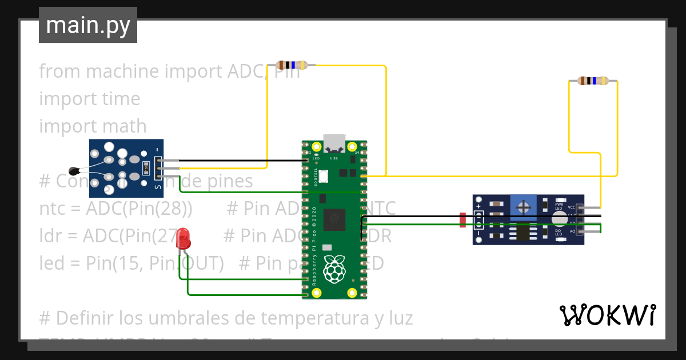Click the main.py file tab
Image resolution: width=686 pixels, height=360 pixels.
(87, 25)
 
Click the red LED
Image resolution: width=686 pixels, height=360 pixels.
(183, 238)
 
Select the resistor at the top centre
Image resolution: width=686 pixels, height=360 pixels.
(292, 65)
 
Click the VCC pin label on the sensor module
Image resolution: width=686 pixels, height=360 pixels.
(572, 206)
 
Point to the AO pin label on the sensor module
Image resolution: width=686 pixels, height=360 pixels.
(572, 231)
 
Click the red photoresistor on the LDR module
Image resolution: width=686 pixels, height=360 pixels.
(462, 219)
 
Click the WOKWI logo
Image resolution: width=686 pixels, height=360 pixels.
(607, 315)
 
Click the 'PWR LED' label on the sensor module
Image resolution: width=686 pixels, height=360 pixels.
(559, 206)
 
